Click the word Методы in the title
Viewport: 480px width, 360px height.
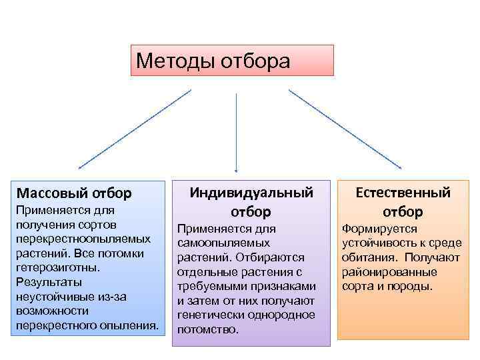tap(170, 61)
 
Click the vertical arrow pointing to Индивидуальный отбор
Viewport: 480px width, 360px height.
tap(235, 133)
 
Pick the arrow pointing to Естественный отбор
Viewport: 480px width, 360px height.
tap(345, 129)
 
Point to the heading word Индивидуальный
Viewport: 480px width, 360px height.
tap(251, 193)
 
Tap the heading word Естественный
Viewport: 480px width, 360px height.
tap(403, 193)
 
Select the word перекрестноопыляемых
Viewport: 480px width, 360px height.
tap(83, 238)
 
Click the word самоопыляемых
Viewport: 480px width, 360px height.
tap(223, 243)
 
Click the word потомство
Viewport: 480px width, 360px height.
tap(207, 330)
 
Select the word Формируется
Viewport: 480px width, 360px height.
tap(379, 228)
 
